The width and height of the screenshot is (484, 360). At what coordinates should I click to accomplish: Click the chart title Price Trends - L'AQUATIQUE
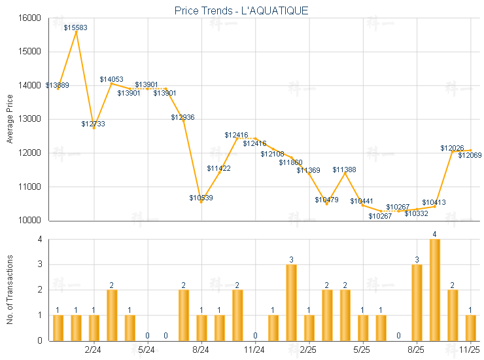241,10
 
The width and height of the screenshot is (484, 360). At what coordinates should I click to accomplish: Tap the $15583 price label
76,27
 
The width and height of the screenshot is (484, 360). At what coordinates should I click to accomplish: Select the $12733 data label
94,124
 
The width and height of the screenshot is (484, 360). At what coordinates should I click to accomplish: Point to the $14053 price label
111,79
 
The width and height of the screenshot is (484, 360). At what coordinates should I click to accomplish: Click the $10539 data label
201,198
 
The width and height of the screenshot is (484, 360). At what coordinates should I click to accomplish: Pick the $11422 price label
218,168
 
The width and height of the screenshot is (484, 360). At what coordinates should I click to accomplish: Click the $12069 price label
470,155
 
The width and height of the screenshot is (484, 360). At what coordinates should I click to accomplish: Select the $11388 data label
344,170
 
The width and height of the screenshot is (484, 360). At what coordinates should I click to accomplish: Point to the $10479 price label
326,200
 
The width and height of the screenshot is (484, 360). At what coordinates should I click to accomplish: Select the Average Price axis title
9,119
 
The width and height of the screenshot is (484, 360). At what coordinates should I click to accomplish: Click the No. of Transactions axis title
9,290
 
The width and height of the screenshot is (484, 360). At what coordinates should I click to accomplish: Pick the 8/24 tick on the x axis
201,350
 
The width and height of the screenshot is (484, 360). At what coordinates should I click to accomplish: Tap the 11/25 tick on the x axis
470,350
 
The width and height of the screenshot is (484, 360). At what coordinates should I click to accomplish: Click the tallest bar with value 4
434,290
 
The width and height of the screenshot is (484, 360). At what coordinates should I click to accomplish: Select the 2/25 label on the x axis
309,350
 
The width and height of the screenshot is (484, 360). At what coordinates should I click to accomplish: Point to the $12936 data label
183,117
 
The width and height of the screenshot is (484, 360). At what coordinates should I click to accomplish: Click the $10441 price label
362,201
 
